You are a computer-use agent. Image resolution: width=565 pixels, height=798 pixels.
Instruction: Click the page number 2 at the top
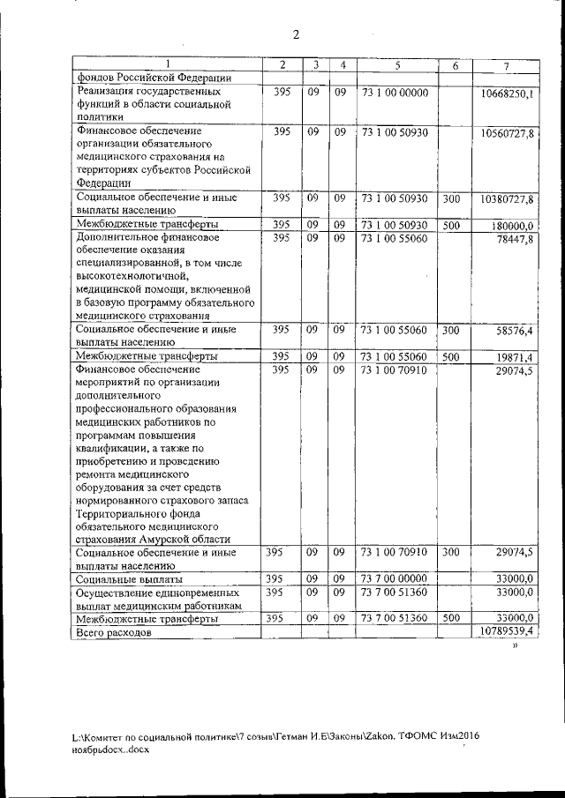click(x=297, y=34)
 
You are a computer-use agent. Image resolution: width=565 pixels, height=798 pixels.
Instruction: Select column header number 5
click(x=397, y=66)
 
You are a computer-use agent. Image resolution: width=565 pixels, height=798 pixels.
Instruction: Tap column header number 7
click(x=506, y=67)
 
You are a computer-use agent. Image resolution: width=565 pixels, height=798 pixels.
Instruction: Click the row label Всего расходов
click(x=115, y=633)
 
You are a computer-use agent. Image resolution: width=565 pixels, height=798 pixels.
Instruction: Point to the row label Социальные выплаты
click(x=129, y=579)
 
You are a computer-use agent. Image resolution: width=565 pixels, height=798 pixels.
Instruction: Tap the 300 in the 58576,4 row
click(x=450, y=331)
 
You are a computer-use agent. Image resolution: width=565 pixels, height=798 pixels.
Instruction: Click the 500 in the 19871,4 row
click(x=450, y=356)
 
